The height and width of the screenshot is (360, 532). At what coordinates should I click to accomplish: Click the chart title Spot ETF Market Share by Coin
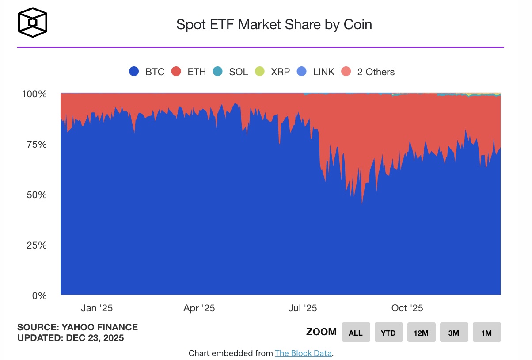tap(274, 24)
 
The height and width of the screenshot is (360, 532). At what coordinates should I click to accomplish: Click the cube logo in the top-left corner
tap(32, 22)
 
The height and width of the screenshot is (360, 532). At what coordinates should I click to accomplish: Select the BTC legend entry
tap(147, 72)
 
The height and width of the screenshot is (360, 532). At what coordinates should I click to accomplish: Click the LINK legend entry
tap(315, 72)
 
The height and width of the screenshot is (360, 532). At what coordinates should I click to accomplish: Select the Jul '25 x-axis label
tap(303, 308)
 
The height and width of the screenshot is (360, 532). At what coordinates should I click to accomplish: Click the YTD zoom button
tap(388, 333)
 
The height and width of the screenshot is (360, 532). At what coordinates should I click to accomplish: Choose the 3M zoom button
tap(454, 333)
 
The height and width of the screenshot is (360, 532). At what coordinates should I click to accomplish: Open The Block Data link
tap(303, 353)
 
